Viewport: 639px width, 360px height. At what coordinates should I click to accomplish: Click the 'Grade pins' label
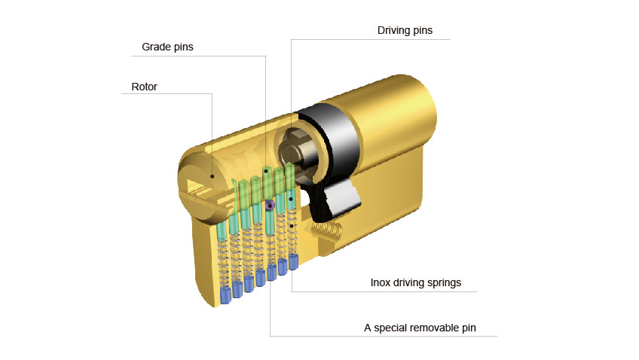pos(167,47)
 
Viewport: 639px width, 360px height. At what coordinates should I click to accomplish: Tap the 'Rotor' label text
pos(144,87)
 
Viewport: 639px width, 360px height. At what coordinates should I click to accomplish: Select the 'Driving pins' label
pos(405,31)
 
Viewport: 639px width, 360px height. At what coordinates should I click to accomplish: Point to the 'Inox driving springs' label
pos(416,282)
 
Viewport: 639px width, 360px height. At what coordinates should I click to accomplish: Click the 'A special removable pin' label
pos(420,328)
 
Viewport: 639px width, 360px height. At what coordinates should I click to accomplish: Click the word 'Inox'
pos(381,282)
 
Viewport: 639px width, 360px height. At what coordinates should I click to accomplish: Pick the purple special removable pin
pos(269,205)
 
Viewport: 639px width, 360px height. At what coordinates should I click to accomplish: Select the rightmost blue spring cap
pos(293,261)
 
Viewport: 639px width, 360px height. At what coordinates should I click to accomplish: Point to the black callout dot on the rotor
pos(212,176)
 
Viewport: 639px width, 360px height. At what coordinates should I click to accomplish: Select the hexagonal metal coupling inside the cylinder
pos(296,151)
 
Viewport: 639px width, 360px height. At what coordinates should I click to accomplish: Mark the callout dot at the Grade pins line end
pos(266,172)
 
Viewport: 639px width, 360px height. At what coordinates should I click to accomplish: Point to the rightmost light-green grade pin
pos(289,177)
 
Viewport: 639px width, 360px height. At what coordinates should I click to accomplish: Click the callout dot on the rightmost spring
pos(292,226)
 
